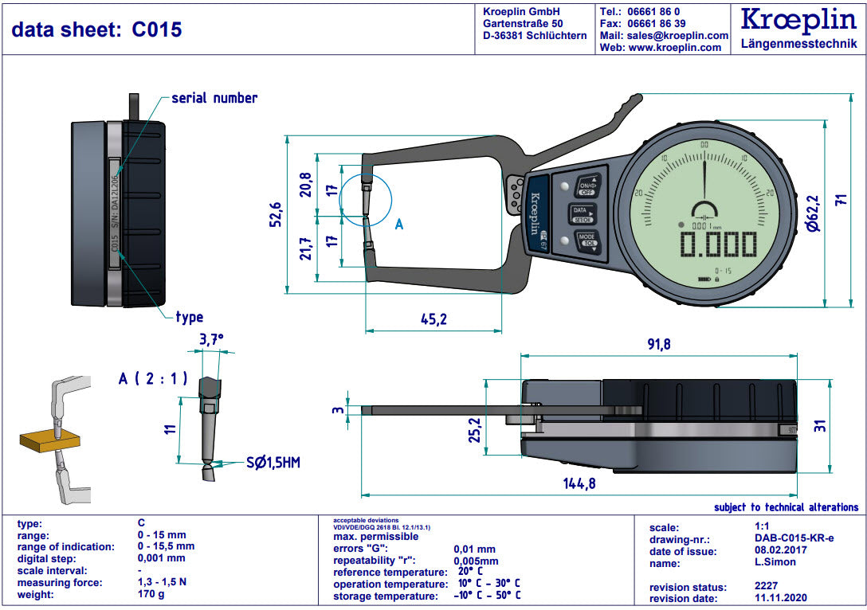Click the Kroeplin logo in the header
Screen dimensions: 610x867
pos(798,22)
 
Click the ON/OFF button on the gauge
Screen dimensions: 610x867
pos(586,186)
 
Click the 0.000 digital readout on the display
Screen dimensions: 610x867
pos(716,244)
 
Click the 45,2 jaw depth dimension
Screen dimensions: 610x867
pos(433,319)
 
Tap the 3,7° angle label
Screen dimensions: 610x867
pos(210,339)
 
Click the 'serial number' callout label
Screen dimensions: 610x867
pos(214,98)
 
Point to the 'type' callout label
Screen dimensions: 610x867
pos(189,317)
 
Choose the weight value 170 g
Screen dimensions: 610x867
pos(151,594)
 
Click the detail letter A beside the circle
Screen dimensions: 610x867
pos(399,225)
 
